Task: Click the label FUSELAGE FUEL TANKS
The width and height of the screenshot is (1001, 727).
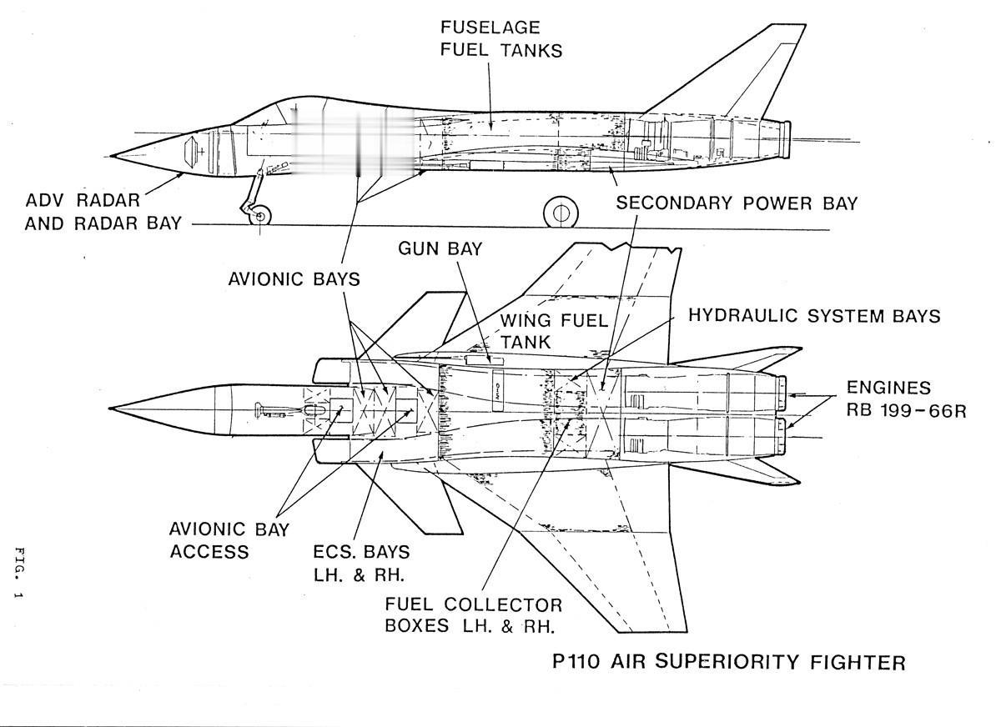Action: tap(501, 38)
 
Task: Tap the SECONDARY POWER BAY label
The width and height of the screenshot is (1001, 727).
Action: tap(737, 203)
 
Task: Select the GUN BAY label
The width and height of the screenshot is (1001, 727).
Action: tap(440, 249)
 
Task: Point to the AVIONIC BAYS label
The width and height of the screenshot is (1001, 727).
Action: tap(294, 278)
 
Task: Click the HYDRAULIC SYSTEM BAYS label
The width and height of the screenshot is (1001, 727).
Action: tap(814, 316)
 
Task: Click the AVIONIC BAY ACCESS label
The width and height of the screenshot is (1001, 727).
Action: tap(229, 540)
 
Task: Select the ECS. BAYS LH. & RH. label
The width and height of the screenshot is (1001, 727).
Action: tap(361, 564)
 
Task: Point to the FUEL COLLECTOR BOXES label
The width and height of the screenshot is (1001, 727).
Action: tap(473, 614)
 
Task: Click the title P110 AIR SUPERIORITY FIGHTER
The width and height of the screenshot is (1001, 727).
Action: tap(729, 663)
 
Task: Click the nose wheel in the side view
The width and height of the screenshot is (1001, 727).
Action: tap(260, 217)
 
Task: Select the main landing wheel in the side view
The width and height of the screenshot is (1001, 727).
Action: tap(561, 213)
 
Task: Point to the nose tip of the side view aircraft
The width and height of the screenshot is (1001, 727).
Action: tap(113, 155)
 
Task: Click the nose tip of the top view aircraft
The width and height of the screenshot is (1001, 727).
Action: tap(112, 409)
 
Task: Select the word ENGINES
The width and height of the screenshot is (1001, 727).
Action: tap(888, 388)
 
